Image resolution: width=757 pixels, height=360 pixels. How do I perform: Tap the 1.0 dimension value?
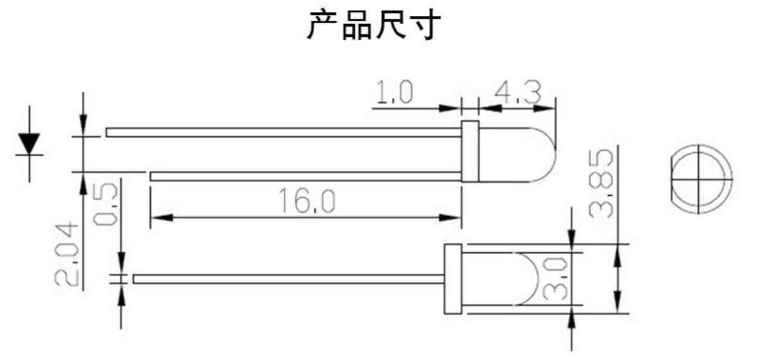click(x=394, y=94)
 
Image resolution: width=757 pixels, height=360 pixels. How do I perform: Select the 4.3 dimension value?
click(x=518, y=94)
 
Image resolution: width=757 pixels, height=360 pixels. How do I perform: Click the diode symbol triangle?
click(x=29, y=143)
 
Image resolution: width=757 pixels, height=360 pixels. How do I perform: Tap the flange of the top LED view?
click(x=469, y=152)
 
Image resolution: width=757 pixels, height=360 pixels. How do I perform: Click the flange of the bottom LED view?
click(x=453, y=279)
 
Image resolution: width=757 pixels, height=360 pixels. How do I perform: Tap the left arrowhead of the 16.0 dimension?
click(x=158, y=218)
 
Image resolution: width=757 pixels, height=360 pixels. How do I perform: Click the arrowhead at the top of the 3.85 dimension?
click(x=617, y=252)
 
